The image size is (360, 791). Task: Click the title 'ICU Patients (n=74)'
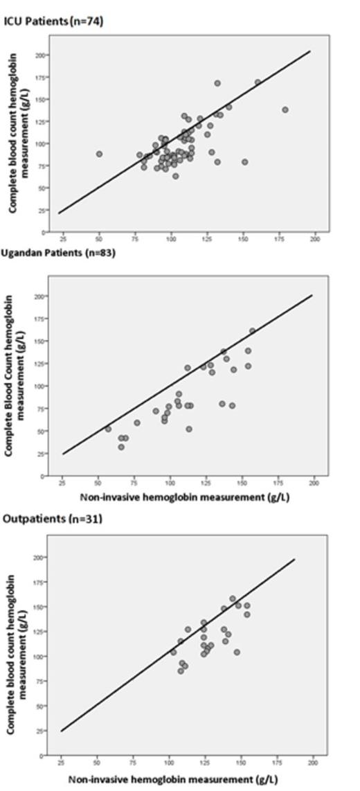(x=54, y=22)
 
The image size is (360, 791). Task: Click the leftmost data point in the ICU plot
(x=99, y=154)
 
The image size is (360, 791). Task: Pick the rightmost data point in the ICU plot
(x=285, y=109)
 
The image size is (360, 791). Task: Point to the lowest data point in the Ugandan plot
(x=121, y=447)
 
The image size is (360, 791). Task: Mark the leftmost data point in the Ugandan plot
(x=108, y=429)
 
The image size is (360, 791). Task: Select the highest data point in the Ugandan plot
(x=252, y=331)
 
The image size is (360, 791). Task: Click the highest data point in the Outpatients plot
(x=233, y=598)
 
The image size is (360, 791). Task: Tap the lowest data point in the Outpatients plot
(x=181, y=670)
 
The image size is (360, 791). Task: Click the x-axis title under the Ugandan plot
(x=185, y=497)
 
